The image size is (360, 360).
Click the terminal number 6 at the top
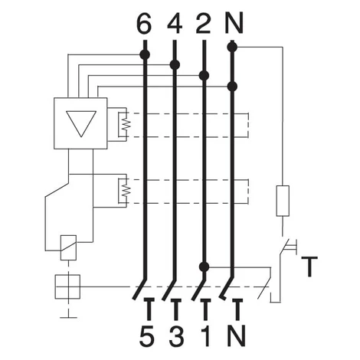144,24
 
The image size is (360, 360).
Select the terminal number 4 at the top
175,24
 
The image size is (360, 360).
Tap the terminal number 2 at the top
203,24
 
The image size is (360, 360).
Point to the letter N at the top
234,24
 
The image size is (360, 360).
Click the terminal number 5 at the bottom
147,335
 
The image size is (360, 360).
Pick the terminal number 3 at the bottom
176,335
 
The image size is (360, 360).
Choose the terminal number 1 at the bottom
206,335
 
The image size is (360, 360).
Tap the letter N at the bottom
237,335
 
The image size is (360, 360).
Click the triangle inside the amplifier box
81,124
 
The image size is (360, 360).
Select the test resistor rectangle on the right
283,201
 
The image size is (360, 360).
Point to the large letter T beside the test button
309,267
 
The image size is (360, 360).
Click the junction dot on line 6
145,54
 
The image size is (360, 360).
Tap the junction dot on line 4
175,64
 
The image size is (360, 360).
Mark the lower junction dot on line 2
204,267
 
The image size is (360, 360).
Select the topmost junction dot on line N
232,47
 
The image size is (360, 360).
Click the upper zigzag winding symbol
126,125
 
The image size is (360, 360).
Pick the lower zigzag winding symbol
126,191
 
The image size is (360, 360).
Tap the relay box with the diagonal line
68,247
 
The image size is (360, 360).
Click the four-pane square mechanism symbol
67,286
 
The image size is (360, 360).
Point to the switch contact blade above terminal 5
139,289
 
